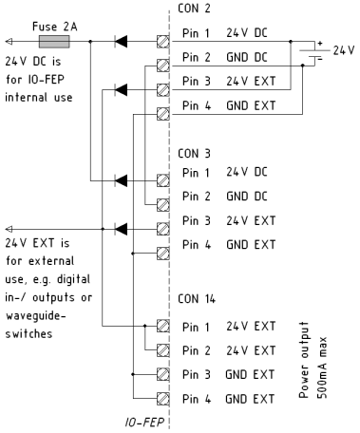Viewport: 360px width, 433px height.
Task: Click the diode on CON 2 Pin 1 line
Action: [122, 42]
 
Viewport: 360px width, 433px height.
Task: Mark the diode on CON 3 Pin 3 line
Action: [122, 229]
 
